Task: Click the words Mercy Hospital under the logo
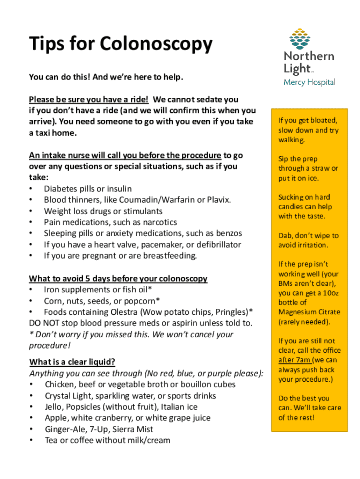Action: pos(310,82)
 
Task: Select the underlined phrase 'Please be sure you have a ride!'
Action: pos(89,99)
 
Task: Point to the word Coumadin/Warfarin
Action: pos(156,200)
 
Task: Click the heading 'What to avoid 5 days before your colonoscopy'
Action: pos(118,279)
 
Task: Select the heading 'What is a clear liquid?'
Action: pos(72,362)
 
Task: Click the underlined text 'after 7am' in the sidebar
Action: pos(295,360)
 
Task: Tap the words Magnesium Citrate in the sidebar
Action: pos(302,312)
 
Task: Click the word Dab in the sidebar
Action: pos(286,236)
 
